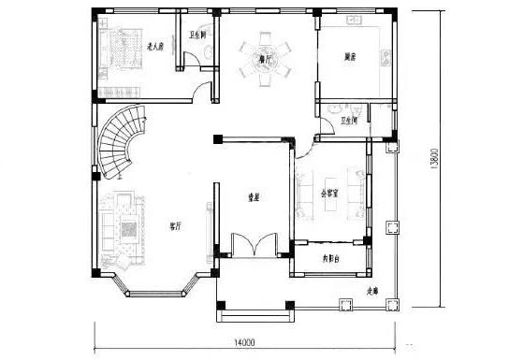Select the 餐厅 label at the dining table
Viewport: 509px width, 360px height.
pyautogui.click(x=266, y=58)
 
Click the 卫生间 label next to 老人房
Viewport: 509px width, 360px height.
pyautogui.click(x=197, y=36)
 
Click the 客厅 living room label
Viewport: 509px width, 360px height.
pyautogui.click(x=175, y=225)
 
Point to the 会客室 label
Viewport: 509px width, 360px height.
pyautogui.click(x=329, y=195)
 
